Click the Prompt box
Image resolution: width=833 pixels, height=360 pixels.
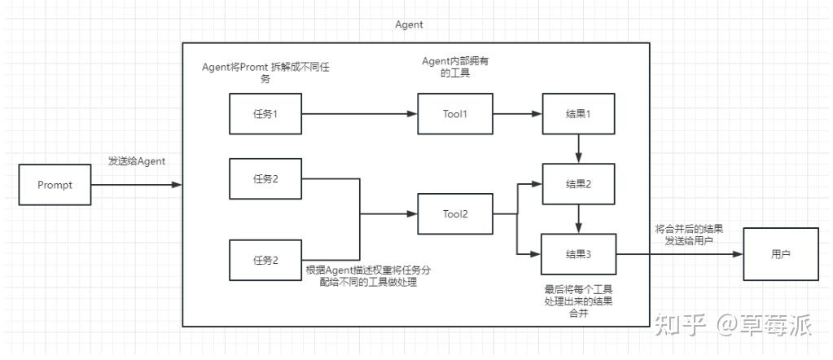[x=55, y=185]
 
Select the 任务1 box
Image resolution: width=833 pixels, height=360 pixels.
[x=265, y=114]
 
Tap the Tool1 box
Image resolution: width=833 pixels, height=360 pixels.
[x=454, y=114]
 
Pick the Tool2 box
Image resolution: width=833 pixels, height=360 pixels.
[x=454, y=214]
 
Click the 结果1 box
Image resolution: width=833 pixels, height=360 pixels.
[x=578, y=114]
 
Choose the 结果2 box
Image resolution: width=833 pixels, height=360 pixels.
[x=578, y=184]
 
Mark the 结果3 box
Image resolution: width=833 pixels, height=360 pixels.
[x=578, y=254]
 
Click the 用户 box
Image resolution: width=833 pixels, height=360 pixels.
[x=780, y=254]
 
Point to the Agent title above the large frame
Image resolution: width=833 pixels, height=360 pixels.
[x=409, y=24]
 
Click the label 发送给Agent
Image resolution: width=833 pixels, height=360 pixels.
[x=137, y=161]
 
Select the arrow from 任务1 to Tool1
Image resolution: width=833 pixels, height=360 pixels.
[x=359, y=114]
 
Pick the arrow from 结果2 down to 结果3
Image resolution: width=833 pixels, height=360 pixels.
[x=578, y=219]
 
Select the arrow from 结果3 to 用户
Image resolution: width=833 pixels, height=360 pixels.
[x=679, y=254]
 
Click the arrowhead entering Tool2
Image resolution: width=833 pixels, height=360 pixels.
[x=411, y=214]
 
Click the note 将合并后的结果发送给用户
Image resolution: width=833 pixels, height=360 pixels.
[x=689, y=235]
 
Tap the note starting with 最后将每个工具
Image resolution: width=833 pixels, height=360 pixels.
[x=578, y=301]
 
